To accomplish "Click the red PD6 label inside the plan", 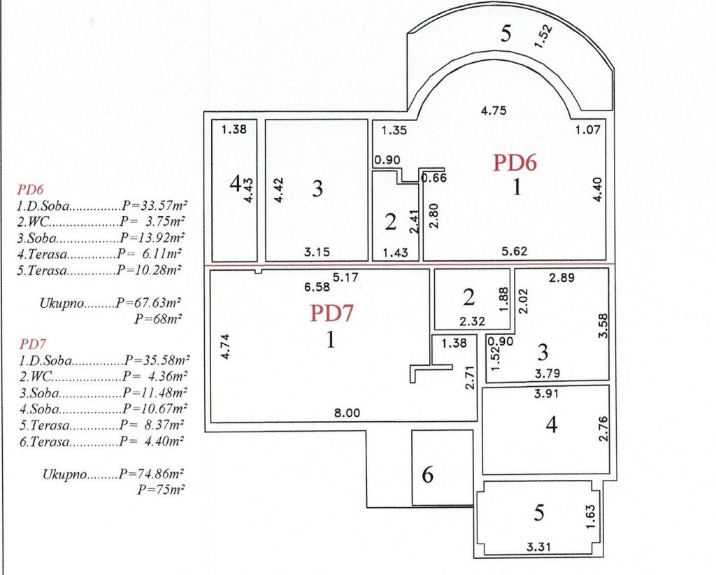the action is [515, 163].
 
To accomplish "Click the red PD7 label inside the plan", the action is [332, 313].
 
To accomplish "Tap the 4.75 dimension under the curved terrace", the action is [494, 111].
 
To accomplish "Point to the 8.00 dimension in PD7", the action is [347, 413].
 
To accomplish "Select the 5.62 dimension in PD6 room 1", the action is [514, 251].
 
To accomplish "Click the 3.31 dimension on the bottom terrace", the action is [539, 546].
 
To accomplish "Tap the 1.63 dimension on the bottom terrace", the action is [590, 516].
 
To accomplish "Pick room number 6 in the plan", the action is [427, 474].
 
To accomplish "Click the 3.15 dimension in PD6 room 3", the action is [317, 252].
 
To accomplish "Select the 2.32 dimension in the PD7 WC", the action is [472, 321].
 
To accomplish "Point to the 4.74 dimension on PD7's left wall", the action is [225, 347].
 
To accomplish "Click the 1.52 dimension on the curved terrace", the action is [543, 36].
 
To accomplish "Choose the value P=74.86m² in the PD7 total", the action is [151, 474].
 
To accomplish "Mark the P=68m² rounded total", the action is [158, 318].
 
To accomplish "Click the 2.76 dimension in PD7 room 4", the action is [603, 428].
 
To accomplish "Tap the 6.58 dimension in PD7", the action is [317, 287].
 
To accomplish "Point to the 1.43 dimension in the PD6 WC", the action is [396, 253].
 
